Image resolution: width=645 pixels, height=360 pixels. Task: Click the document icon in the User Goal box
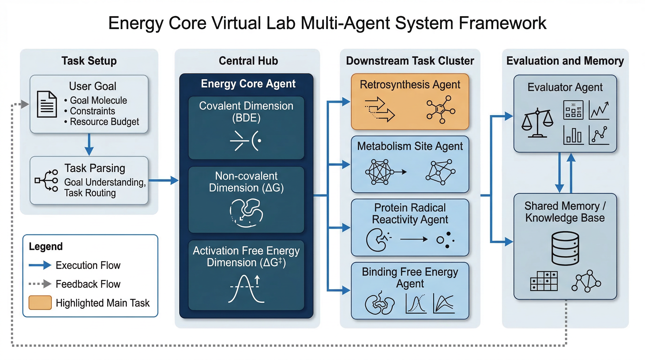(x=47, y=104)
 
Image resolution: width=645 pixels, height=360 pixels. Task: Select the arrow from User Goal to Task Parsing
(x=89, y=144)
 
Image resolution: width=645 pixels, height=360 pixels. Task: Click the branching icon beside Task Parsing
(x=46, y=180)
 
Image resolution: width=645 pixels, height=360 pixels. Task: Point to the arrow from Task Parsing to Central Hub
(x=164, y=180)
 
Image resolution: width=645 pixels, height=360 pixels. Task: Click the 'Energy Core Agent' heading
(x=248, y=84)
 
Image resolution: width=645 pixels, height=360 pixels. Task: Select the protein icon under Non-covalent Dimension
(x=246, y=213)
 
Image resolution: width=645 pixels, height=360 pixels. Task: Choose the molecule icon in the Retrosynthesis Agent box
(x=441, y=110)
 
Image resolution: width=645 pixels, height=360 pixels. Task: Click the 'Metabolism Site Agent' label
(x=410, y=146)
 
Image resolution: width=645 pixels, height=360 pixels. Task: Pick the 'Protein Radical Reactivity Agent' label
(x=410, y=214)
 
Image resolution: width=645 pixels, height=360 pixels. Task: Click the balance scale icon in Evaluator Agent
(x=537, y=123)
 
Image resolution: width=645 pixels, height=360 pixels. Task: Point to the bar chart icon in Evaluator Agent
(x=573, y=135)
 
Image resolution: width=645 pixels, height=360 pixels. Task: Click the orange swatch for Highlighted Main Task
(x=40, y=303)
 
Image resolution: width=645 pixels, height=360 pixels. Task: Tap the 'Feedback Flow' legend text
(x=88, y=284)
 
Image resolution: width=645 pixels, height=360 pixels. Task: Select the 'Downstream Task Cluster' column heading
(x=410, y=61)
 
